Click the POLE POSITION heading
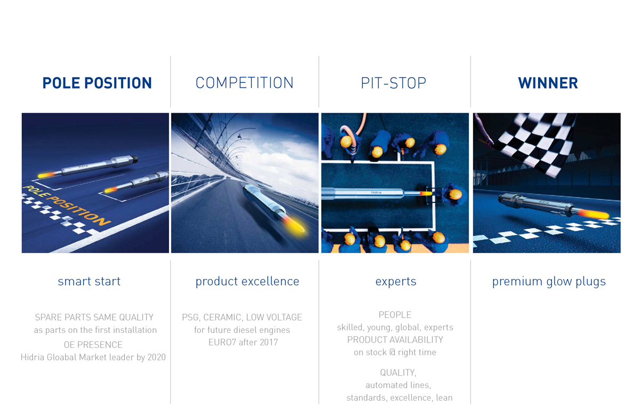[x=97, y=83]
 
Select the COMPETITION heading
[x=244, y=83]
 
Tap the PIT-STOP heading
[x=393, y=83]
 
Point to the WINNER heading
[x=548, y=83]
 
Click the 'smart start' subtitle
[x=89, y=281]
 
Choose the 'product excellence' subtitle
[x=247, y=282]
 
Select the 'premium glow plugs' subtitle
[x=549, y=282]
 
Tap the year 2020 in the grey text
[x=156, y=358]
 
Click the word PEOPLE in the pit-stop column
[x=395, y=315]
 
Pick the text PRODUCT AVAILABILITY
[x=395, y=339]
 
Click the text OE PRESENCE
[x=93, y=345]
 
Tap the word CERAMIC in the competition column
[x=222, y=318]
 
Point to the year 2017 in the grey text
[x=269, y=343]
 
